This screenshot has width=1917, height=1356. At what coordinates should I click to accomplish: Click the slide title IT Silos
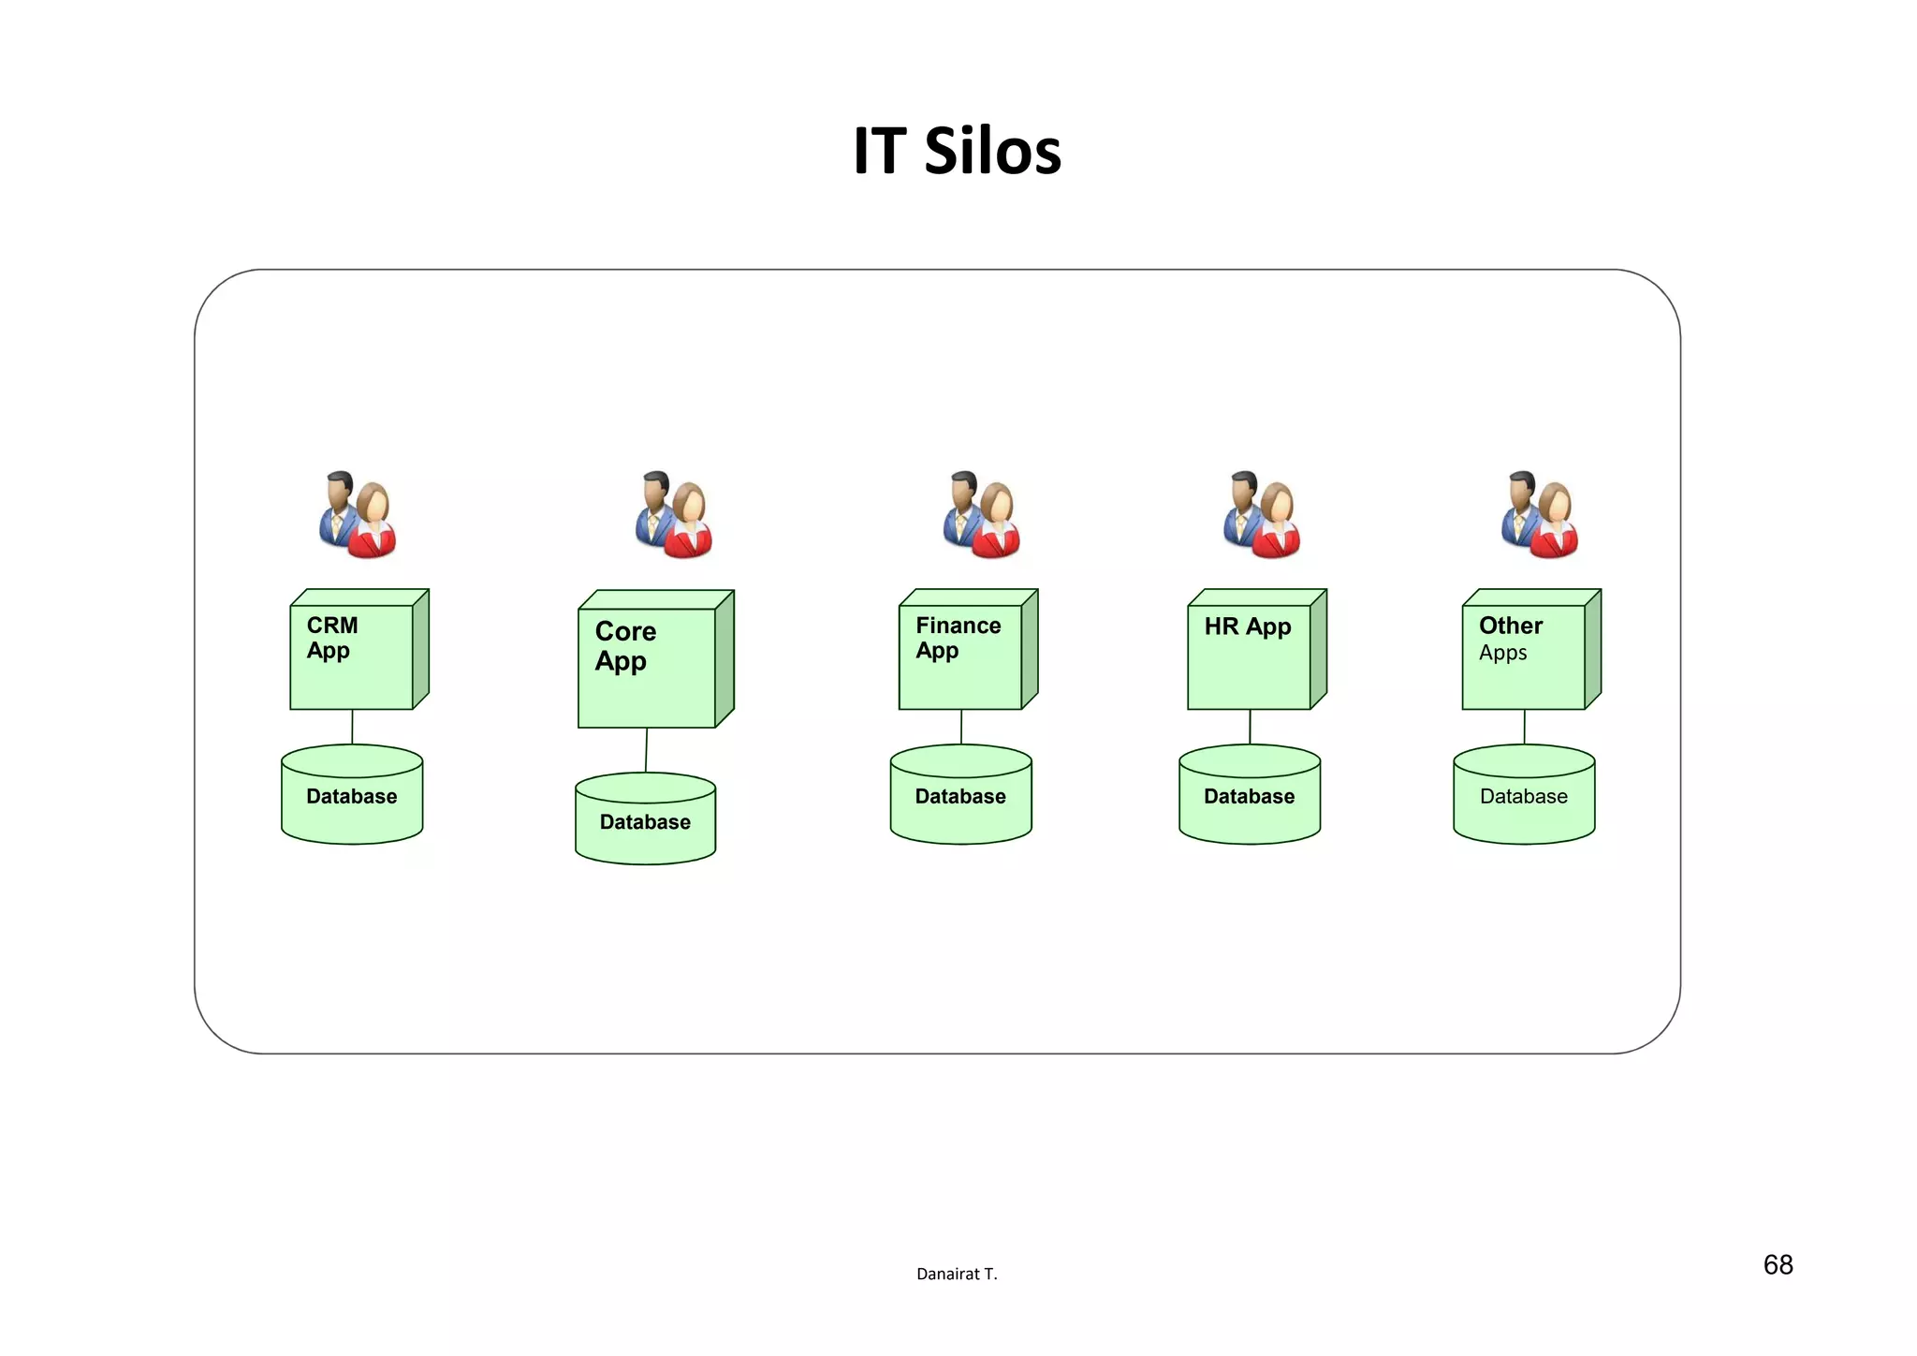[957, 151]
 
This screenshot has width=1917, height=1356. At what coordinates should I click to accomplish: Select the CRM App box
[352, 656]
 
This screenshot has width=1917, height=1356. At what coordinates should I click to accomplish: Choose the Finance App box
[960, 656]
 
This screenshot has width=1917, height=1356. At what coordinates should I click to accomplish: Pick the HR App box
[1250, 656]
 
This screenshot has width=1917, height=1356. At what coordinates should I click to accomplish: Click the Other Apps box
[1524, 656]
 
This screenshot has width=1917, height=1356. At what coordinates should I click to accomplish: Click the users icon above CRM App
[358, 515]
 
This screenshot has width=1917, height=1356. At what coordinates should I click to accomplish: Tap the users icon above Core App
[674, 515]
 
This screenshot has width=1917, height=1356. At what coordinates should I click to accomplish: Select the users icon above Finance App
[981, 515]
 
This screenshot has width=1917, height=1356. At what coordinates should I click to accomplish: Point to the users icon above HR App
[1262, 515]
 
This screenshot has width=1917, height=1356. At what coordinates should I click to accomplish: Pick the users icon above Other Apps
[1540, 515]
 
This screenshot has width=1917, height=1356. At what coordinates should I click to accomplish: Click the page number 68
[1778, 1265]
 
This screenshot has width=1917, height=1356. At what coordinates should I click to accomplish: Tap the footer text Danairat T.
[957, 1274]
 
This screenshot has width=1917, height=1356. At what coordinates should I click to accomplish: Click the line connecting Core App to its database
[646, 750]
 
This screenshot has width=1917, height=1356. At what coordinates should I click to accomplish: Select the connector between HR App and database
[1250, 727]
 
